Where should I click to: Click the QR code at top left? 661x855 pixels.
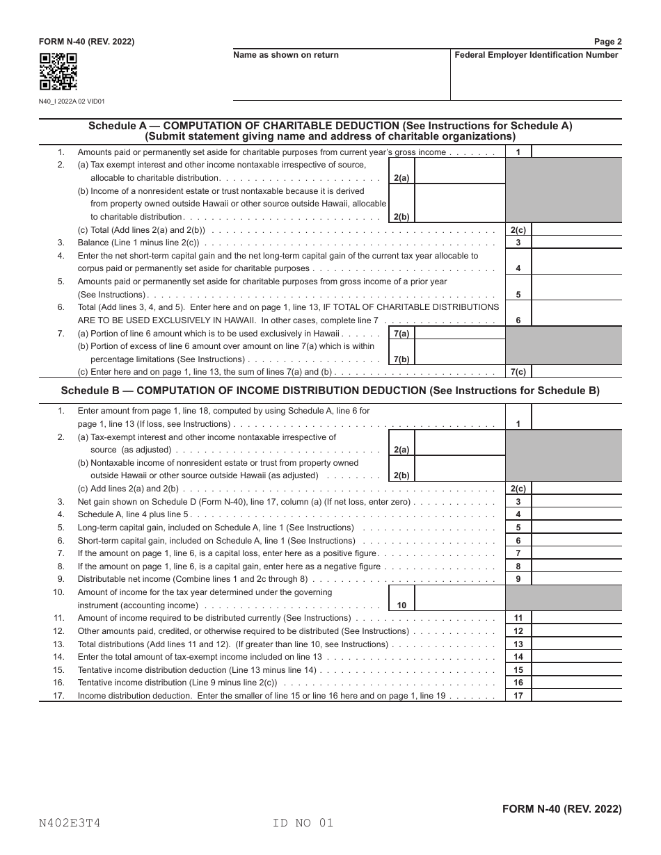coord(58,72)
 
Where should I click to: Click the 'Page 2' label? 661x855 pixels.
coord(607,42)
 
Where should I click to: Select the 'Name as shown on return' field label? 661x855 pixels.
coord(286,55)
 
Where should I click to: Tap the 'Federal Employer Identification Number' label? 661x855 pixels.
coord(536,55)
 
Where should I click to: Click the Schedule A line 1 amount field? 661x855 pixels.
coord(576,152)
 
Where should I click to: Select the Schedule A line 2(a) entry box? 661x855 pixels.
coord(459,171)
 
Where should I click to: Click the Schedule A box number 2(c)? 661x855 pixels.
coord(518,229)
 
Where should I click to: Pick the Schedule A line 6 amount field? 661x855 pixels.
coord(576,313)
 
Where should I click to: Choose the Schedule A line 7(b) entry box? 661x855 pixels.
coord(459,352)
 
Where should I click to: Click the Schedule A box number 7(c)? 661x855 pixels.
coord(518,372)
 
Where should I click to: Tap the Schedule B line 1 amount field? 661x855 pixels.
coord(576,417)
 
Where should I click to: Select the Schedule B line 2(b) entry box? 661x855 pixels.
coord(459,469)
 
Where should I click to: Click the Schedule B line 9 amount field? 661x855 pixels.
coord(576,579)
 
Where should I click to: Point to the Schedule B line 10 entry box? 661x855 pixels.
coord(459,598)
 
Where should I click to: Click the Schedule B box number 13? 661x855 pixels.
coord(518,644)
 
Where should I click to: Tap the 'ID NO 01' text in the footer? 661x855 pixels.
coord(303,823)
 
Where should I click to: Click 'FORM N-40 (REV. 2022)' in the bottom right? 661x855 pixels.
coord(562,809)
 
